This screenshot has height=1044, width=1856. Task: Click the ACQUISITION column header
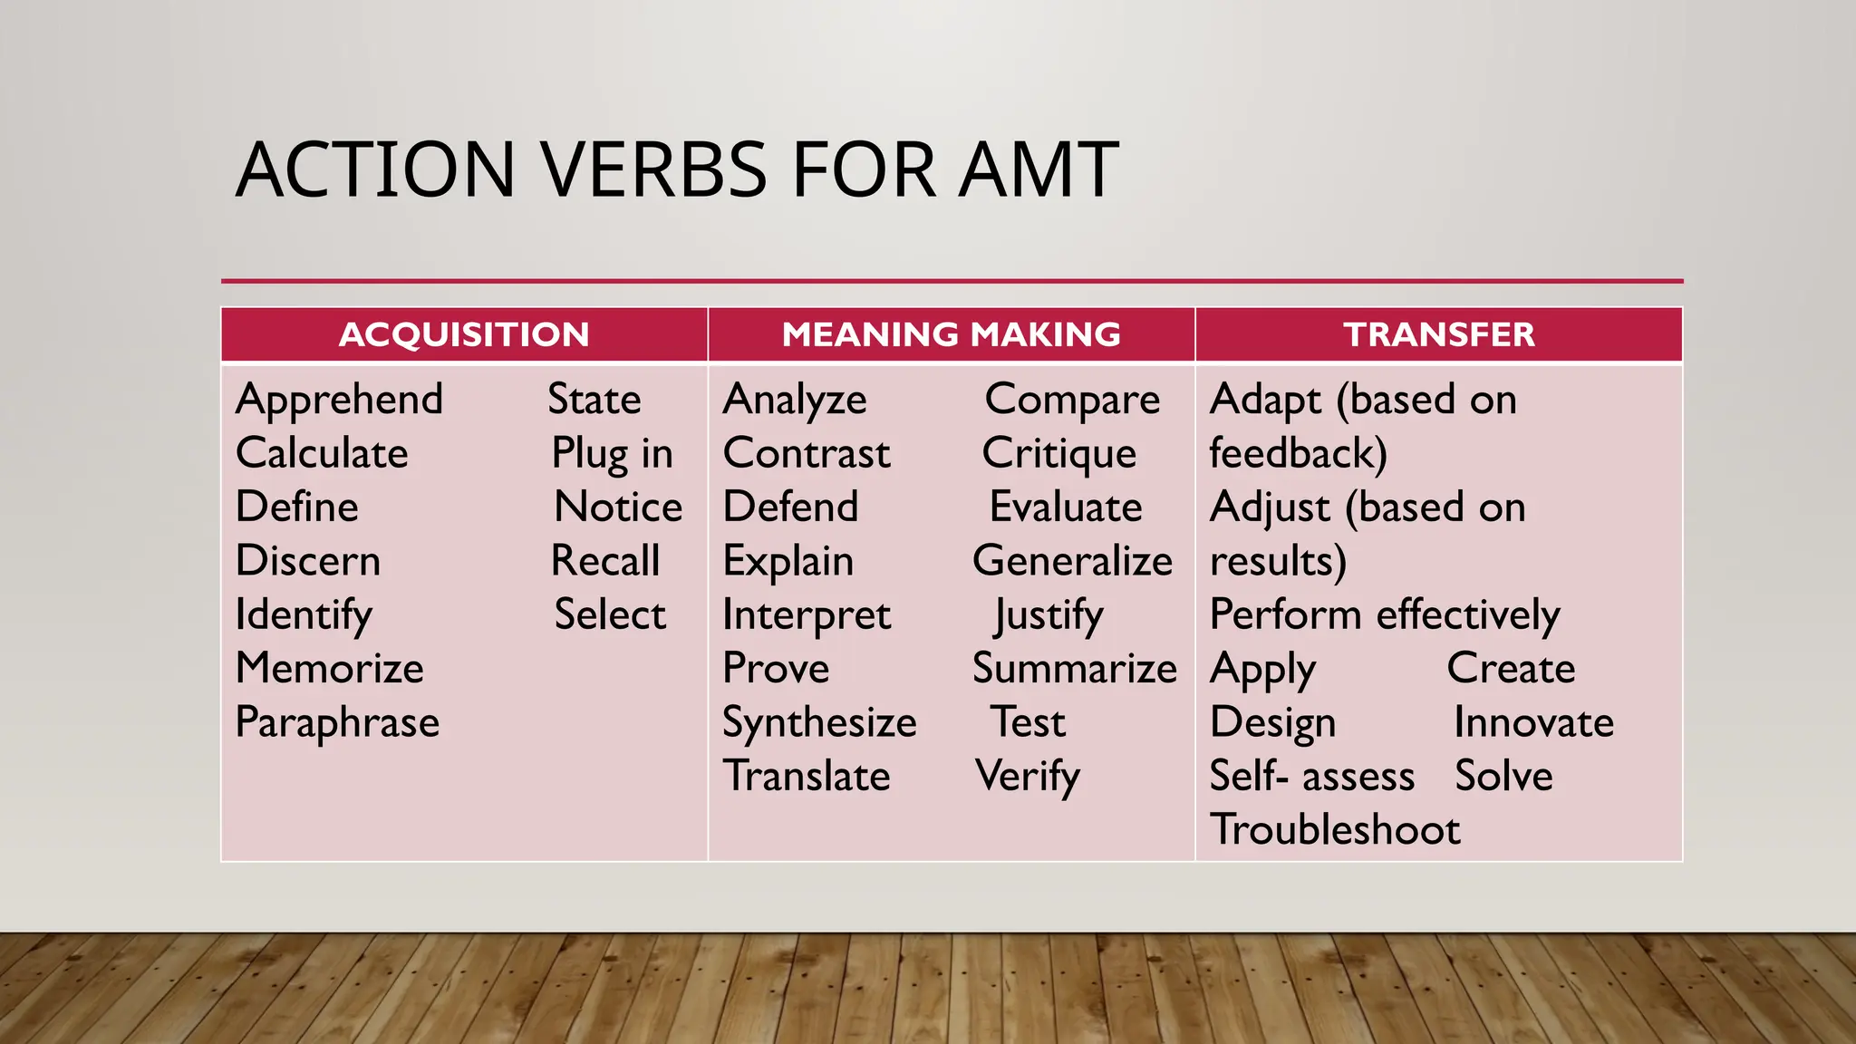pos(464,334)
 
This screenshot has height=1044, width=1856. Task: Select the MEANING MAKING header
pos(951,334)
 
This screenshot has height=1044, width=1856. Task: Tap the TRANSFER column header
pos(1438,334)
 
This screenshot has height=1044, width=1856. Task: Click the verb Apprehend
pos(339,400)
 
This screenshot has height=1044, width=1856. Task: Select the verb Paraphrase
pos(337,723)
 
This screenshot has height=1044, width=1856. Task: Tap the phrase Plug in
pos(613,454)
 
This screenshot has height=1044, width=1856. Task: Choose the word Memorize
pos(329,669)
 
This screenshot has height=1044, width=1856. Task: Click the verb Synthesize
pos(819,723)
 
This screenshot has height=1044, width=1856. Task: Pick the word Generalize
pos(1072,561)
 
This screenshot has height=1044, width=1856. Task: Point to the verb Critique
pos(1058,454)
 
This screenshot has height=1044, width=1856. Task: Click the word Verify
pos(1028,777)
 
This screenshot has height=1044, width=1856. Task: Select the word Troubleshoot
pos(1335,830)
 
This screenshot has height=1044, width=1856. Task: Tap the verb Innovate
pos(1533,723)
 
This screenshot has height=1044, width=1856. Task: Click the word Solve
pos(1503,777)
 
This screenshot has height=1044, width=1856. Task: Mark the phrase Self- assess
pos(1311,777)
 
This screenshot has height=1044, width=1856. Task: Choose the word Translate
pos(807,777)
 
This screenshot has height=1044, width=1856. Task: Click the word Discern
pos(307,561)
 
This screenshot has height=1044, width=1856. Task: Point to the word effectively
pos(1468,615)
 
